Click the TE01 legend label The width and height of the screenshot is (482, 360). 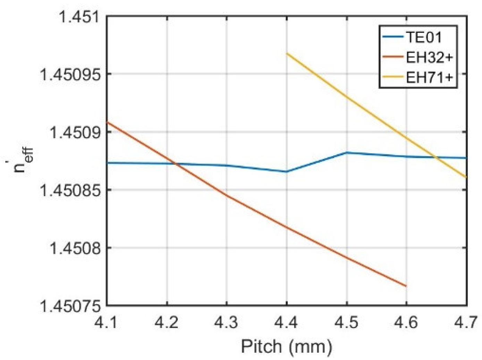(424, 37)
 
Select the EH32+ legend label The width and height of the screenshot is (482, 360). (430, 57)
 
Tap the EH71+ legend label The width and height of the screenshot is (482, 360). (430, 77)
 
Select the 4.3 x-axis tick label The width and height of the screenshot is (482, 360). (227, 323)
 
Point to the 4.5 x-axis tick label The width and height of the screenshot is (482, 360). (346, 323)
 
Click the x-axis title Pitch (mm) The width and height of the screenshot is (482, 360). (287, 346)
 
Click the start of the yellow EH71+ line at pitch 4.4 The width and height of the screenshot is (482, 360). (287, 53)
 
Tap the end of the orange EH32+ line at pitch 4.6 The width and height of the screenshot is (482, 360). (406, 286)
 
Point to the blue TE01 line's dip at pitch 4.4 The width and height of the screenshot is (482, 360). (287, 171)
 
